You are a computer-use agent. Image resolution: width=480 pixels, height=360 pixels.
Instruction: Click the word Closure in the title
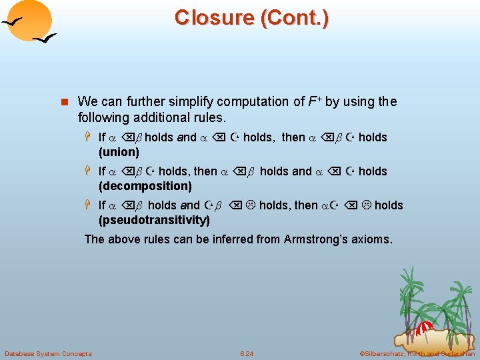pyautogui.click(x=210, y=17)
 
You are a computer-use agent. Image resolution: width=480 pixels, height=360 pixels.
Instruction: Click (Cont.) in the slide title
pyautogui.click(x=291, y=17)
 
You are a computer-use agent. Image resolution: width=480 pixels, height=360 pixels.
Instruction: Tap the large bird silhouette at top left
pyautogui.click(x=15, y=24)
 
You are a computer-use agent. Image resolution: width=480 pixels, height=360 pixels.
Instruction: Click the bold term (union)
pyautogui.click(x=119, y=151)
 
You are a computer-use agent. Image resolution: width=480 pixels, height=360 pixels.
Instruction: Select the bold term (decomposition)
pyautogui.click(x=145, y=185)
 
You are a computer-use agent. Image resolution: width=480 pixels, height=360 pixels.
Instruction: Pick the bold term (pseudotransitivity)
pyautogui.click(x=154, y=219)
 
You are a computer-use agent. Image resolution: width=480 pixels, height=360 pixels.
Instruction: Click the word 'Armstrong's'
pyautogui.click(x=317, y=239)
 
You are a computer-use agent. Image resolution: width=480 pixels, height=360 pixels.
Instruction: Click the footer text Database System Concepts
pyautogui.click(x=48, y=353)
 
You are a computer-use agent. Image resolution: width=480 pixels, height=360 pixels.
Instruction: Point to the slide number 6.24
pyautogui.click(x=247, y=353)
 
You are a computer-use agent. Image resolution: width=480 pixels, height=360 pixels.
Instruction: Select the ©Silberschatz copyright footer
pyautogui.click(x=417, y=353)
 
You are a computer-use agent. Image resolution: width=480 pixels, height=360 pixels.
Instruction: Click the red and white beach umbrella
pyautogui.click(x=424, y=327)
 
